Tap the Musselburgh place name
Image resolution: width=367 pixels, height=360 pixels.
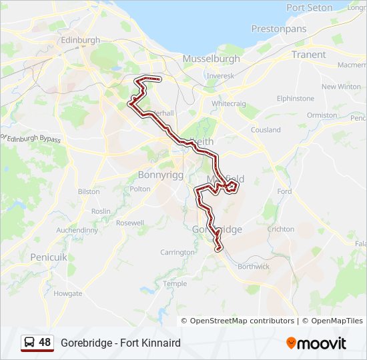[x=211, y=59]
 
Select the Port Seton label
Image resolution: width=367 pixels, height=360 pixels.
[x=309, y=7]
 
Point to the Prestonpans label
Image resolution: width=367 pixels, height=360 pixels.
[x=278, y=29]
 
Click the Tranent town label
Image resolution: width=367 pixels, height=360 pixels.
[x=309, y=55]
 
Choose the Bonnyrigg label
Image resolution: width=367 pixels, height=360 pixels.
[x=159, y=175]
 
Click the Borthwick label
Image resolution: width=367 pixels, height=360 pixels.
[x=254, y=266]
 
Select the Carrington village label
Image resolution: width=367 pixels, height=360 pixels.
[x=177, y=252]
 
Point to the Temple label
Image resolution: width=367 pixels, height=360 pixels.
[x=175, y=283]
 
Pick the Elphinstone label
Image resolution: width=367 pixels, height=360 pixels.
[x=296, y=98]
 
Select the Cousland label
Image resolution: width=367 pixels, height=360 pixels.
[x=266, y=130]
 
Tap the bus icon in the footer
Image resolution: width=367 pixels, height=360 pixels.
[x=30, y=343]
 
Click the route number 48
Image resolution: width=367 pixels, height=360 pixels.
[x=45, y=343]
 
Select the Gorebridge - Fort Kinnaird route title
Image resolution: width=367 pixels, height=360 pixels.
[x=121, y=343]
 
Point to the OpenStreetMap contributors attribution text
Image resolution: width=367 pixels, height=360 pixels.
[x=242, y=321]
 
